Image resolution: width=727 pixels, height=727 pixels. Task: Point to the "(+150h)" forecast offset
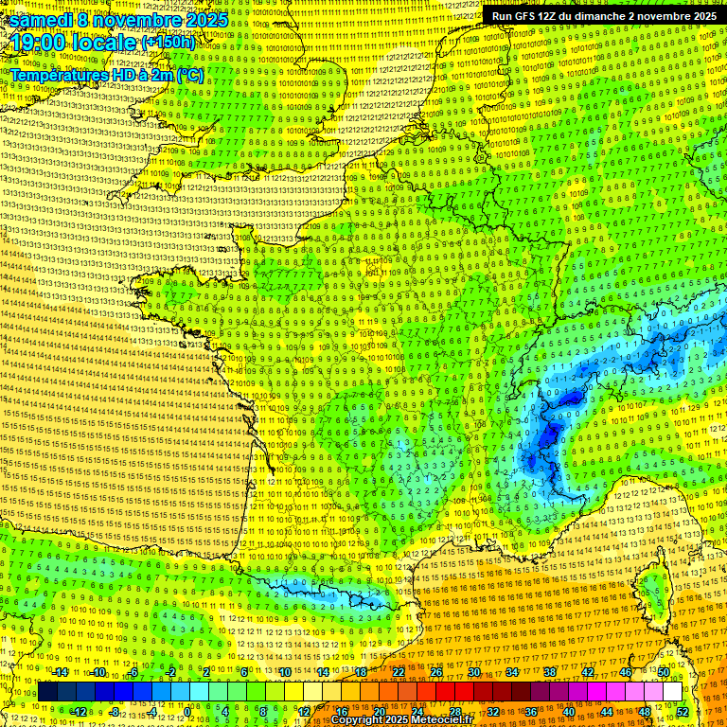[168, 43]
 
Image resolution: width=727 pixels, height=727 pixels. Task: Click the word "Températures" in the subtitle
[56, 74]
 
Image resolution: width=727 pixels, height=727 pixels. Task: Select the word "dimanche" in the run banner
[604, 16]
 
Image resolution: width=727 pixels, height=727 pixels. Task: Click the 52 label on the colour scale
[683, 711]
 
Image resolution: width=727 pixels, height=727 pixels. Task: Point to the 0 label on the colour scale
[188, 711]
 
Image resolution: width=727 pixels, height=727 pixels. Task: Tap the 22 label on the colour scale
[399, 672]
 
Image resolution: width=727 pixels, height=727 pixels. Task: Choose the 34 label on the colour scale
[512, 672]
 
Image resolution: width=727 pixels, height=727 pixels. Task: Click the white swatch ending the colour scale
[672, 692]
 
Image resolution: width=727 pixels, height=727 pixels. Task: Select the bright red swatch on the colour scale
[445, 692]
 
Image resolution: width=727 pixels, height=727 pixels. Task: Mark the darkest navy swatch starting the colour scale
[47, 692]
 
